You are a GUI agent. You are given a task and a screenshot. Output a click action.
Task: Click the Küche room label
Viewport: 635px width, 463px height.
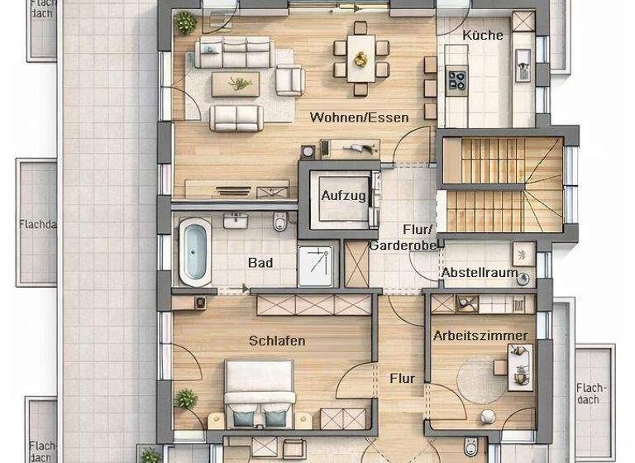click(x=483, y=35)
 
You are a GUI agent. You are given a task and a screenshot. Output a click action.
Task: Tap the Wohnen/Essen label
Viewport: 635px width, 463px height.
click(x=359, y=117)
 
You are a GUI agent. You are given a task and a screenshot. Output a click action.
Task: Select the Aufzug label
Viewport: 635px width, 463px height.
click(x=339, y=196)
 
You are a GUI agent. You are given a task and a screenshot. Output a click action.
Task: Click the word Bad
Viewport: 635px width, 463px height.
click(x=260, y=263)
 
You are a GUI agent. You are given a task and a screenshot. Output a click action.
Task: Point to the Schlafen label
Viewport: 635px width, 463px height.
click(x=277, y=341)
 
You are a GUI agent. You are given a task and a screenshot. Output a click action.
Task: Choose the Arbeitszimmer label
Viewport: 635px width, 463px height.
click(x=480, y=336)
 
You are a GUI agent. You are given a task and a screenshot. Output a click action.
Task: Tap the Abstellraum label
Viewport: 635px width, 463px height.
click(x=480, y=273)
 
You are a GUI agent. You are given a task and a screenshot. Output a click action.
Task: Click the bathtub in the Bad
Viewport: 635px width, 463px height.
click(x=195, y=251)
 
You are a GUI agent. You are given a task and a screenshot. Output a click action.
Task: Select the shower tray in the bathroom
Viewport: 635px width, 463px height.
click(x=315, y=265)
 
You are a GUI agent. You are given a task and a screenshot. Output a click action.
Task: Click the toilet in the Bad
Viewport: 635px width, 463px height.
click(x=281, y=222)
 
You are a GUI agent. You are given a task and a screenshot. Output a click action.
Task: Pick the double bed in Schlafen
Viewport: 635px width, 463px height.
click(x=260, y=394)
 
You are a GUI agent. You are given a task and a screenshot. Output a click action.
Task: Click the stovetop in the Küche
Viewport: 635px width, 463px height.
click(x=457, y=79)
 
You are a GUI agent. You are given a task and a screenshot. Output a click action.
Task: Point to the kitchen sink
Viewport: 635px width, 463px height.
click(x=523, y=60)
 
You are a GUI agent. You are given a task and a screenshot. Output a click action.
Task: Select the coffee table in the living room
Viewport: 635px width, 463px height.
click(x=236, y=84)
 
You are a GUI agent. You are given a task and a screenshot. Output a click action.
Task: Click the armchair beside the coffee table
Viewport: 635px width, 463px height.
click(x=290, y=81)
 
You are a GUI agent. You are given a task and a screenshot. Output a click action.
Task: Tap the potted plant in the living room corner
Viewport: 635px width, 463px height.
click(x=187, y=23)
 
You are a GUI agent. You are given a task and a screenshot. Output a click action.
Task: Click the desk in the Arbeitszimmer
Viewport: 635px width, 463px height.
click(x=520, y=366)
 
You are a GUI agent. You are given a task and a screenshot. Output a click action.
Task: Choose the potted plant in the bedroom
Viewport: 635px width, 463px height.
click(x=186, y=399)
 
